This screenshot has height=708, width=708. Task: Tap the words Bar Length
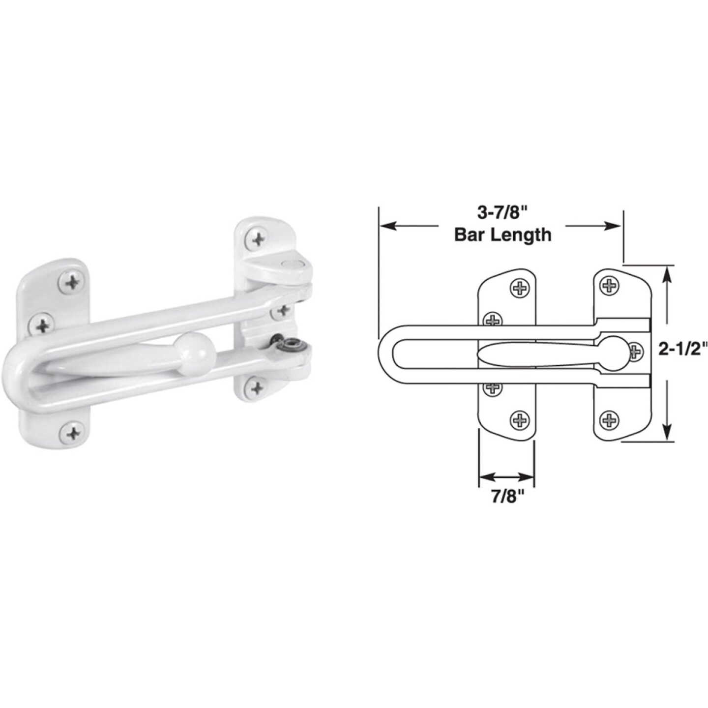click(x=502, y=235)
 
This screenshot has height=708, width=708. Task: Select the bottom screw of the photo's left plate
click(x=73, y=433)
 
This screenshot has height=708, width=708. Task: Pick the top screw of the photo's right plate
click(x=258, y=239)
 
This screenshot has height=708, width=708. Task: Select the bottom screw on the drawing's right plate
click(x=609, y=419)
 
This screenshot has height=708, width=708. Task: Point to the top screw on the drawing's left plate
click(x=519, y=288)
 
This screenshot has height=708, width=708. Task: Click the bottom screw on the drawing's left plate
click(x=519, y=419)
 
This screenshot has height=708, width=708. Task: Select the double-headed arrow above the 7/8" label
click(x=506, y=476)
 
